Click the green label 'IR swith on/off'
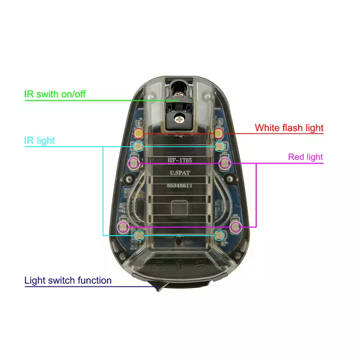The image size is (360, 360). (55, 94)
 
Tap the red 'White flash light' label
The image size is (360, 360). (289, 128)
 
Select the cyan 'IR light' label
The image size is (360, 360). (40, 140)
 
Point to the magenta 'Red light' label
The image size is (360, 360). (305, 157)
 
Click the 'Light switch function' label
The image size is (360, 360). (68, 281)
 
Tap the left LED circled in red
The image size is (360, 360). (139, 133)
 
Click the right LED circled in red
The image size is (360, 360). (218, 133)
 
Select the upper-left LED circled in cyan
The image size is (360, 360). (138, 147)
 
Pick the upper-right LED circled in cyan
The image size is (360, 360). (220, 147)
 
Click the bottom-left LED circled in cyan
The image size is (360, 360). (139, 236)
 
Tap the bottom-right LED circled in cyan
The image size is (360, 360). (219, 236)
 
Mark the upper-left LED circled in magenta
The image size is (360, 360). (133, 163)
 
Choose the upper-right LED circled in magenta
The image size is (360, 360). (225, 163)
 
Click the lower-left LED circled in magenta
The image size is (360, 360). (123, 227)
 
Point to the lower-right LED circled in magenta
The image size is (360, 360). (236, 227)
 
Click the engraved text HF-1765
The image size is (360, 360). (180, 160)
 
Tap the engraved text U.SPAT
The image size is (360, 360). (180, 173)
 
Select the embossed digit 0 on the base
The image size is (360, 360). (159, 265)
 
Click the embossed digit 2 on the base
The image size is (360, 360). (201, 265)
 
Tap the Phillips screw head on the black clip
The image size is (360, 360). (178, 119)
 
